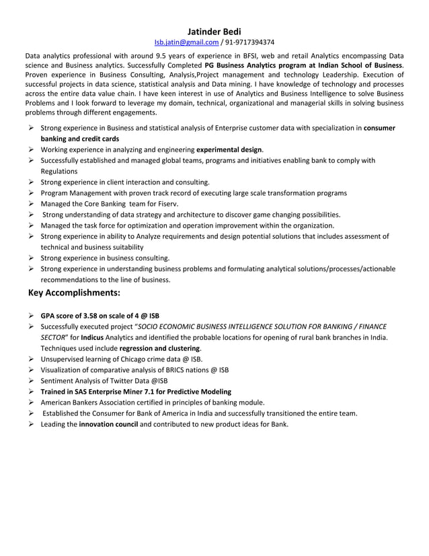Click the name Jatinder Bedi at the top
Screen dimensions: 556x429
(214, 30)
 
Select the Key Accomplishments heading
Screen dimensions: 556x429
(76, 293)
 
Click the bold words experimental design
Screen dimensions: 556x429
(229, 149)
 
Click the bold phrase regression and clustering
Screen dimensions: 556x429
(159, 348)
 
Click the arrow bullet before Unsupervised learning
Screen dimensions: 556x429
(32, 359)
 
